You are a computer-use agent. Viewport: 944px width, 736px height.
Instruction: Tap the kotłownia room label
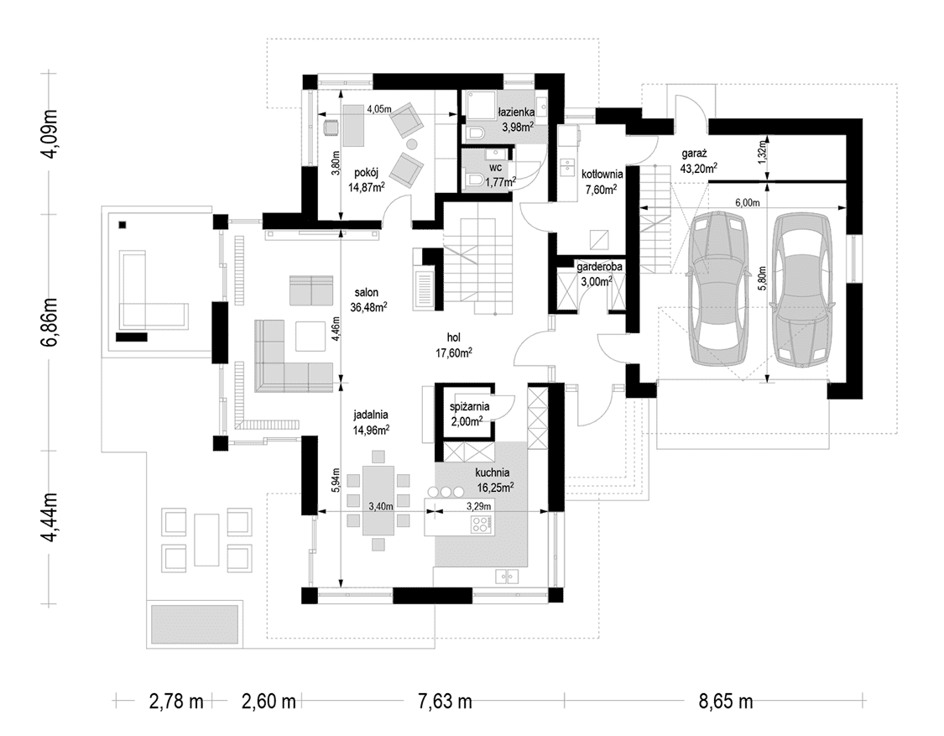coord(602,174)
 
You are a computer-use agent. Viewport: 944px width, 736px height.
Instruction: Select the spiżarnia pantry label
coord(470,406)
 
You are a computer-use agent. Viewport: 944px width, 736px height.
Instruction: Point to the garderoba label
coord(600,265)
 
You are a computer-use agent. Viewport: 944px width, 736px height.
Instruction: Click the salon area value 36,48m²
coord(368,306)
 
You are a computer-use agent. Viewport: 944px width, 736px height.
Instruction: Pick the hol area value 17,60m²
coord(453,353)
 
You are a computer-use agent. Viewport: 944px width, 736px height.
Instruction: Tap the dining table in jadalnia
coord(378,500)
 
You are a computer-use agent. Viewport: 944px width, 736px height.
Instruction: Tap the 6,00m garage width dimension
coord(747,202)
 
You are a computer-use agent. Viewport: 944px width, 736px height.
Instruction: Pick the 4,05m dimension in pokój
coord(379,109)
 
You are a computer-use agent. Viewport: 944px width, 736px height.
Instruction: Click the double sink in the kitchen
coord(507,577)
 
